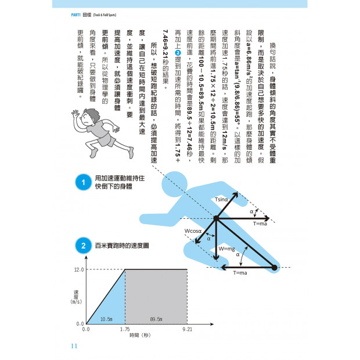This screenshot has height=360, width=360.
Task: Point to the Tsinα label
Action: click(x=221, y=199)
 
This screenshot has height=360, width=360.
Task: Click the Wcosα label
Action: click(x=193, y=231)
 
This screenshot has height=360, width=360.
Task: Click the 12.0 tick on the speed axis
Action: click(x=79, y=270)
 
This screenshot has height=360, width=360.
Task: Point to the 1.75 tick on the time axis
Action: click(x=125, y=329)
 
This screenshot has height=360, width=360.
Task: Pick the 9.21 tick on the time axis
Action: click(x=186, y=329)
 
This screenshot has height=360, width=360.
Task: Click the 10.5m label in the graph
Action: click(x=106, y=319)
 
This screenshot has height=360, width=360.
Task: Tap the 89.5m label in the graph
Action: click(x=156, y=319)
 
